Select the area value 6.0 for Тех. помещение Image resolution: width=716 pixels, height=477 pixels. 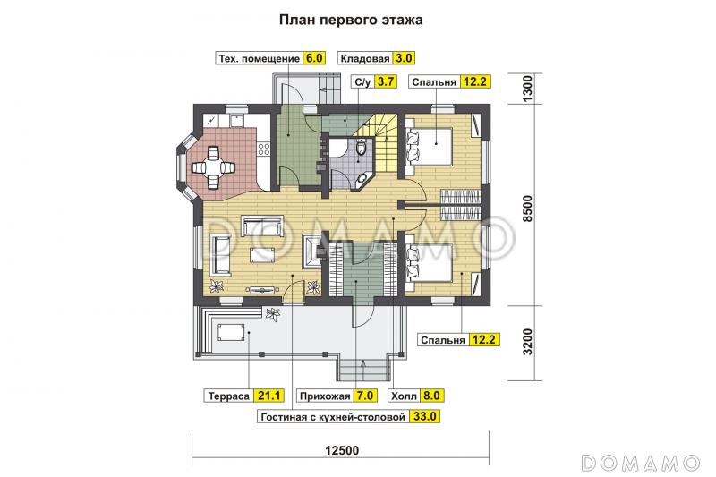313,59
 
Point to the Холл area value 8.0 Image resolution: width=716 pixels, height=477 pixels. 433,395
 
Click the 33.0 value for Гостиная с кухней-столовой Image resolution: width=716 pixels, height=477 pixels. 425,416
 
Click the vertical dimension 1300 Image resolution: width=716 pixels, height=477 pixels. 528,89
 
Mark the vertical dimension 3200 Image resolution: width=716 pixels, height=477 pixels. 528,339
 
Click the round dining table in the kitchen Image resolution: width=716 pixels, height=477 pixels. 215,166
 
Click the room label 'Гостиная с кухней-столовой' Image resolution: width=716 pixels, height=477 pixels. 332,416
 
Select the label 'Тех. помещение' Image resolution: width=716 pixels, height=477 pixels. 259,59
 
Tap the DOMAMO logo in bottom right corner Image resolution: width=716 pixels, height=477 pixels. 641,462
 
